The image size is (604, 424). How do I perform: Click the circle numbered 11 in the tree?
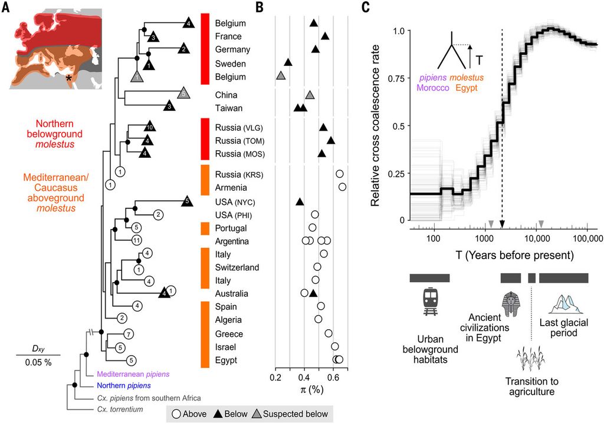click(137, 240)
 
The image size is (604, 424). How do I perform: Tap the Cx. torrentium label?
click(120, 409)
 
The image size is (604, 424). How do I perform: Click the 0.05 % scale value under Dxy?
click(38, 362)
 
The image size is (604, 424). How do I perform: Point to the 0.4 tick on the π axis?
click(304, 377)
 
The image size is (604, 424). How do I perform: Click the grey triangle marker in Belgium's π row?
click(281, 75)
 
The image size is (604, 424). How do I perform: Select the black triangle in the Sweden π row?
click(288, 62)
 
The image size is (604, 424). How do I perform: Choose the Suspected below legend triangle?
click(267, 414)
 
